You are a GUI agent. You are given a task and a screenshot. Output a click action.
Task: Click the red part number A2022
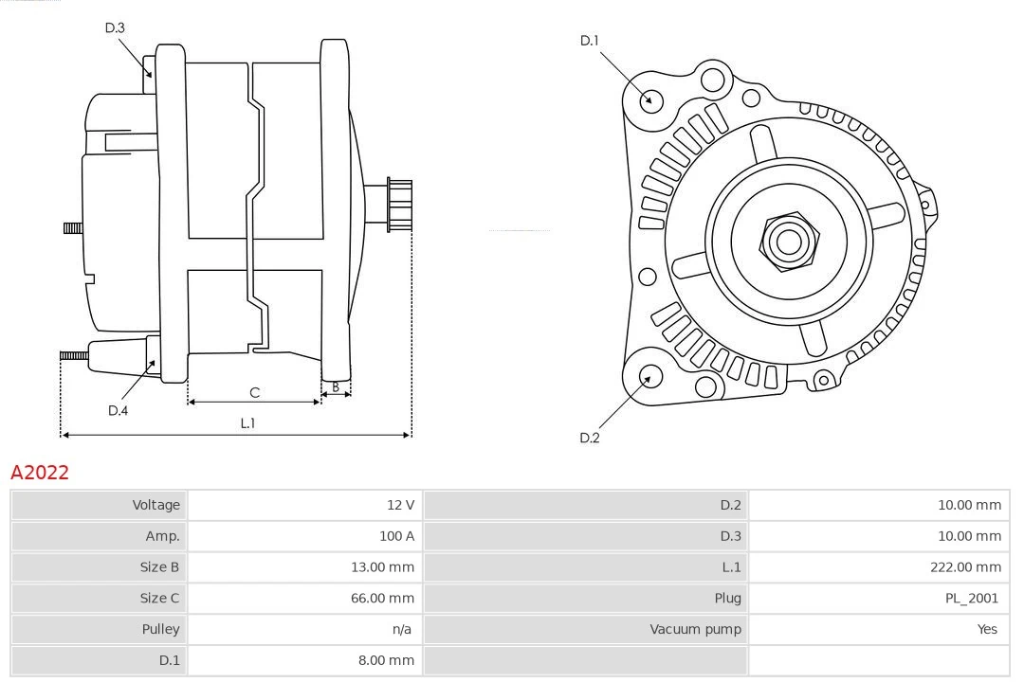pyautogui.click(x=40, y=472)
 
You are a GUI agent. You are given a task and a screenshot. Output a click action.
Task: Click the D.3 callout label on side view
pyautogui.click(x=115, y=28)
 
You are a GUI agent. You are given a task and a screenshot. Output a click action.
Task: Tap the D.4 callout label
pyautogui.click(x=118, y=410)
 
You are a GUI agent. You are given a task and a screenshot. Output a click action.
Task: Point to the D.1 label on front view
pyautogui.click(x=590, y=41)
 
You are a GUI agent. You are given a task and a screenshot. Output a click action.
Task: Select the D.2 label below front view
pyautogui.click(x=590, y=438)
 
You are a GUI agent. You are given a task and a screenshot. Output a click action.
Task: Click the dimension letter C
pyautogui.click(x=254, y=392)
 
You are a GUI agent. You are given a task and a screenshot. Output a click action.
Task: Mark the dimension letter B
pyautogui.click(x=335, y=386)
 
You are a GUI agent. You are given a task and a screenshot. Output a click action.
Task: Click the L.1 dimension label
pyautogui.click(x=247, y=423)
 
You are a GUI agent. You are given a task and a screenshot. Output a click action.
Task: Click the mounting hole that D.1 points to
pyautogui.click(x=650, y=99)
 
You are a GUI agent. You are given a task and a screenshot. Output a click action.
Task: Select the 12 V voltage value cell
pyautogui.click(x=400, y=505)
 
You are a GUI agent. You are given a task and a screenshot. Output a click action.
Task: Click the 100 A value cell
pyautogui.click(x=396, y=536)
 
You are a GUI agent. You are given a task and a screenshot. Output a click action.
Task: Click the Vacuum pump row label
pyautogui.click(x=695, y=629)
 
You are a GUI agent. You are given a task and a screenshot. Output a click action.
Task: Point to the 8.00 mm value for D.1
pyautogui.click(x=386, y=660)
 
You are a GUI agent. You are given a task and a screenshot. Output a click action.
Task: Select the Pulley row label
pyautogui.click(x=160, y=629)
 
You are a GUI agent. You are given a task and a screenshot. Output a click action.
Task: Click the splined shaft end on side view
pyautogui.click(x=399, y=205)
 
